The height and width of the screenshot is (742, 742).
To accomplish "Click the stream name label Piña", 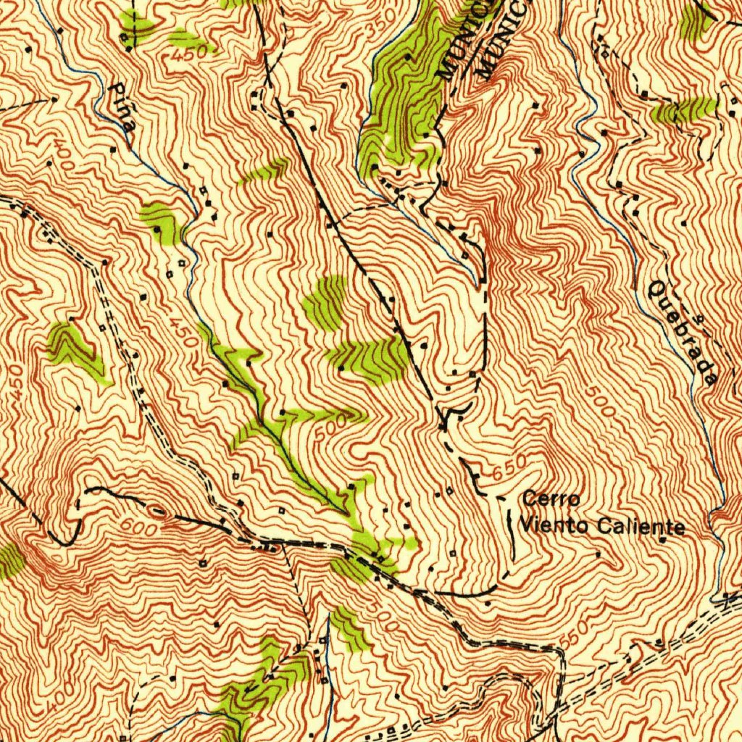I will point(122,106).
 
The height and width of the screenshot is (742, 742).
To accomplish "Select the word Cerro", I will point(551,499).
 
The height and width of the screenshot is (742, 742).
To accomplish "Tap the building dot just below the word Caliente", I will point(662,540).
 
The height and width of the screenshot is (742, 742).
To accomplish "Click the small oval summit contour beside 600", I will point(165,516).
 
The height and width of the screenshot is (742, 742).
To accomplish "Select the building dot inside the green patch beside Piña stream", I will point(158,229).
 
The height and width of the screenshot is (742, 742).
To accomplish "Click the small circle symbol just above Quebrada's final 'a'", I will point(699,317).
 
